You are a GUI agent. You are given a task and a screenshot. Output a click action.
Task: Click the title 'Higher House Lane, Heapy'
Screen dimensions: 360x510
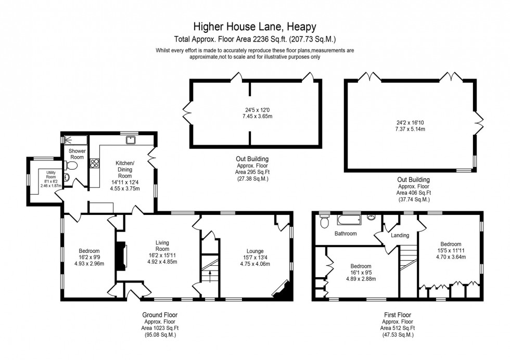(x=254, y=25)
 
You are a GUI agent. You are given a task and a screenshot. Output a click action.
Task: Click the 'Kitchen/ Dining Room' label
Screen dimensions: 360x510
(x=124, y=170)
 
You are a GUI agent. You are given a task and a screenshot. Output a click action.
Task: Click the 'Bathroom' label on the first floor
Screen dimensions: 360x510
(x=345, y=234)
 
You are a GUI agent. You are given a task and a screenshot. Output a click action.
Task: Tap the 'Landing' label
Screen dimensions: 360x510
(x=400, y=235)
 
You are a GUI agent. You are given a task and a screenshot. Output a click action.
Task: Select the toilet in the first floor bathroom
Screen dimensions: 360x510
(x=324, y=222)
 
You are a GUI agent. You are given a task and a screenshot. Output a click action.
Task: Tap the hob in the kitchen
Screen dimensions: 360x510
(x=95, y=163)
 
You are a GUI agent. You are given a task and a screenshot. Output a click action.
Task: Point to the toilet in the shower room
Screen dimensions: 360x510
(x=72, y=166)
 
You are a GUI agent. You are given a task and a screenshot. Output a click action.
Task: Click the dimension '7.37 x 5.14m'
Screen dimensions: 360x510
(x=410, y=128)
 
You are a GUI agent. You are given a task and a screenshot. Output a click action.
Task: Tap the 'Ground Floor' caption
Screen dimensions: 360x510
(x=163, y=315)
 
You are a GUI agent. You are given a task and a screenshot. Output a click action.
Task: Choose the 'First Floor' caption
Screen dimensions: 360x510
(x=397, y=315)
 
